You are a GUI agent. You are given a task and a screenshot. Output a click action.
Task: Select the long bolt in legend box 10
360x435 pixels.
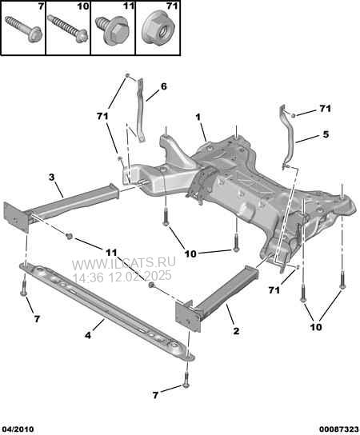[x=67, y=29]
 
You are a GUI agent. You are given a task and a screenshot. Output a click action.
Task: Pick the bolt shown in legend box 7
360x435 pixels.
[x=23, y=29]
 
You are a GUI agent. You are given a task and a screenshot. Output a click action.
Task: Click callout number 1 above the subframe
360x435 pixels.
[x=198, y=118]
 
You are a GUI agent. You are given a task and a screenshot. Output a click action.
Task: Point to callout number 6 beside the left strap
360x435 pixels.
[x=164, y=86]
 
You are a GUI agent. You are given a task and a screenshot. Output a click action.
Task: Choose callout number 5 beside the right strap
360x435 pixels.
[x=326, y=134]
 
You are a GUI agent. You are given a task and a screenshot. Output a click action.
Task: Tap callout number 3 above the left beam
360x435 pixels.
[x=52, y=177]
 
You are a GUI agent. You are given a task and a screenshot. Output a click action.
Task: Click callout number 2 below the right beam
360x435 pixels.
[x=236, y=331]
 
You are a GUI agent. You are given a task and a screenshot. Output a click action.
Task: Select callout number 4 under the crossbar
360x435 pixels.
[x=88, y=335]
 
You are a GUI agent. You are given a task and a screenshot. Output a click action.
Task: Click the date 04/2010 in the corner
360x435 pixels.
[x=17, y=429]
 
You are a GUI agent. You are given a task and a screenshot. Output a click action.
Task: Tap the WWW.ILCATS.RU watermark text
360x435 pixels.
[x=124, y=262]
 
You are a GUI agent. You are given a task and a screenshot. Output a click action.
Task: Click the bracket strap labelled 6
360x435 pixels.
[x=141, y=110]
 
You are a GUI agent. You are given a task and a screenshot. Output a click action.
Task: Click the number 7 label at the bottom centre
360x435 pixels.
[x=155, y=395]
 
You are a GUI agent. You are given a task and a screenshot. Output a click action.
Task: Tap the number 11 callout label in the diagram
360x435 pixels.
[x=111, y=253]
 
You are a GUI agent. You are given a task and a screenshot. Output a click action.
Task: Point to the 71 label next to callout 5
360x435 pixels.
[x=325, y=109]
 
